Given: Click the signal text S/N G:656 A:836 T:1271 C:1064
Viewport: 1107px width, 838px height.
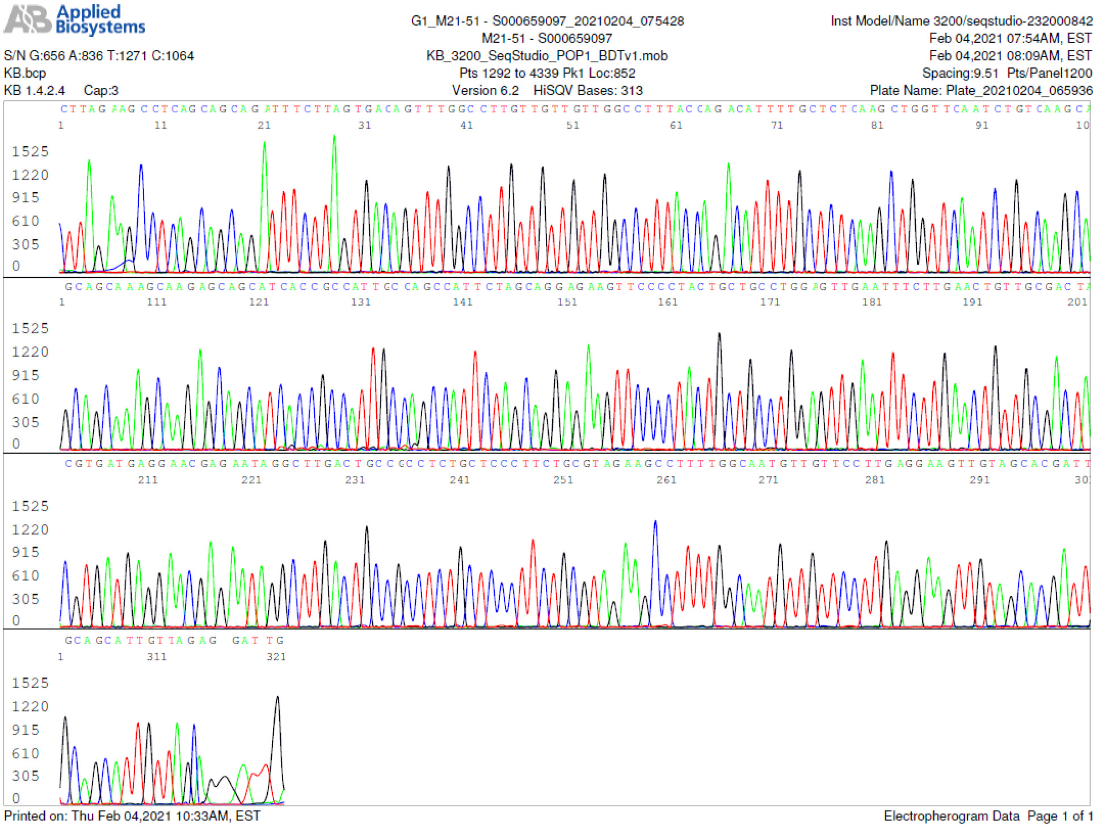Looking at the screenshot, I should click(99, 56).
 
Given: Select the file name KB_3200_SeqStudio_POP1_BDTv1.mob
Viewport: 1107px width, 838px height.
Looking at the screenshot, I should click(546, 56).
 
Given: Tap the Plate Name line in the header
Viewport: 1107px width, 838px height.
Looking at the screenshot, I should click(980, 90).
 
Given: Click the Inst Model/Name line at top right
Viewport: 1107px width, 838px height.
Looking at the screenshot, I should click(961, 21).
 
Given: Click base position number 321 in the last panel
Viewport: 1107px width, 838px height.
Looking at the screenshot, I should click(276, 657).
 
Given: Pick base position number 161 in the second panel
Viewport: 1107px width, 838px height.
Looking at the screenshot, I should click(667, 302).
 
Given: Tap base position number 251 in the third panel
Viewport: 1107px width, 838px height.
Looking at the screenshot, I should click(563, 480).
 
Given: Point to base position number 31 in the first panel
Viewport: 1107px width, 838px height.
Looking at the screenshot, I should click(364, 125).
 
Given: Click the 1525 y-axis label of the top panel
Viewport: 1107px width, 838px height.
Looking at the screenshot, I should click(30, 151).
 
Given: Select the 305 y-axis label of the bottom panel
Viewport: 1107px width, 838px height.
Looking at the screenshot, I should click(26, 776).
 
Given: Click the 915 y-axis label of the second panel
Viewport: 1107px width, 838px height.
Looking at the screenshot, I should click(26, 375).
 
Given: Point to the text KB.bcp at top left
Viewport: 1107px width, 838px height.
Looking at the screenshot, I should click(25, 73).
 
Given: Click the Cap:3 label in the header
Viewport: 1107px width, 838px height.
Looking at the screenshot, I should click(101, 90).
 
